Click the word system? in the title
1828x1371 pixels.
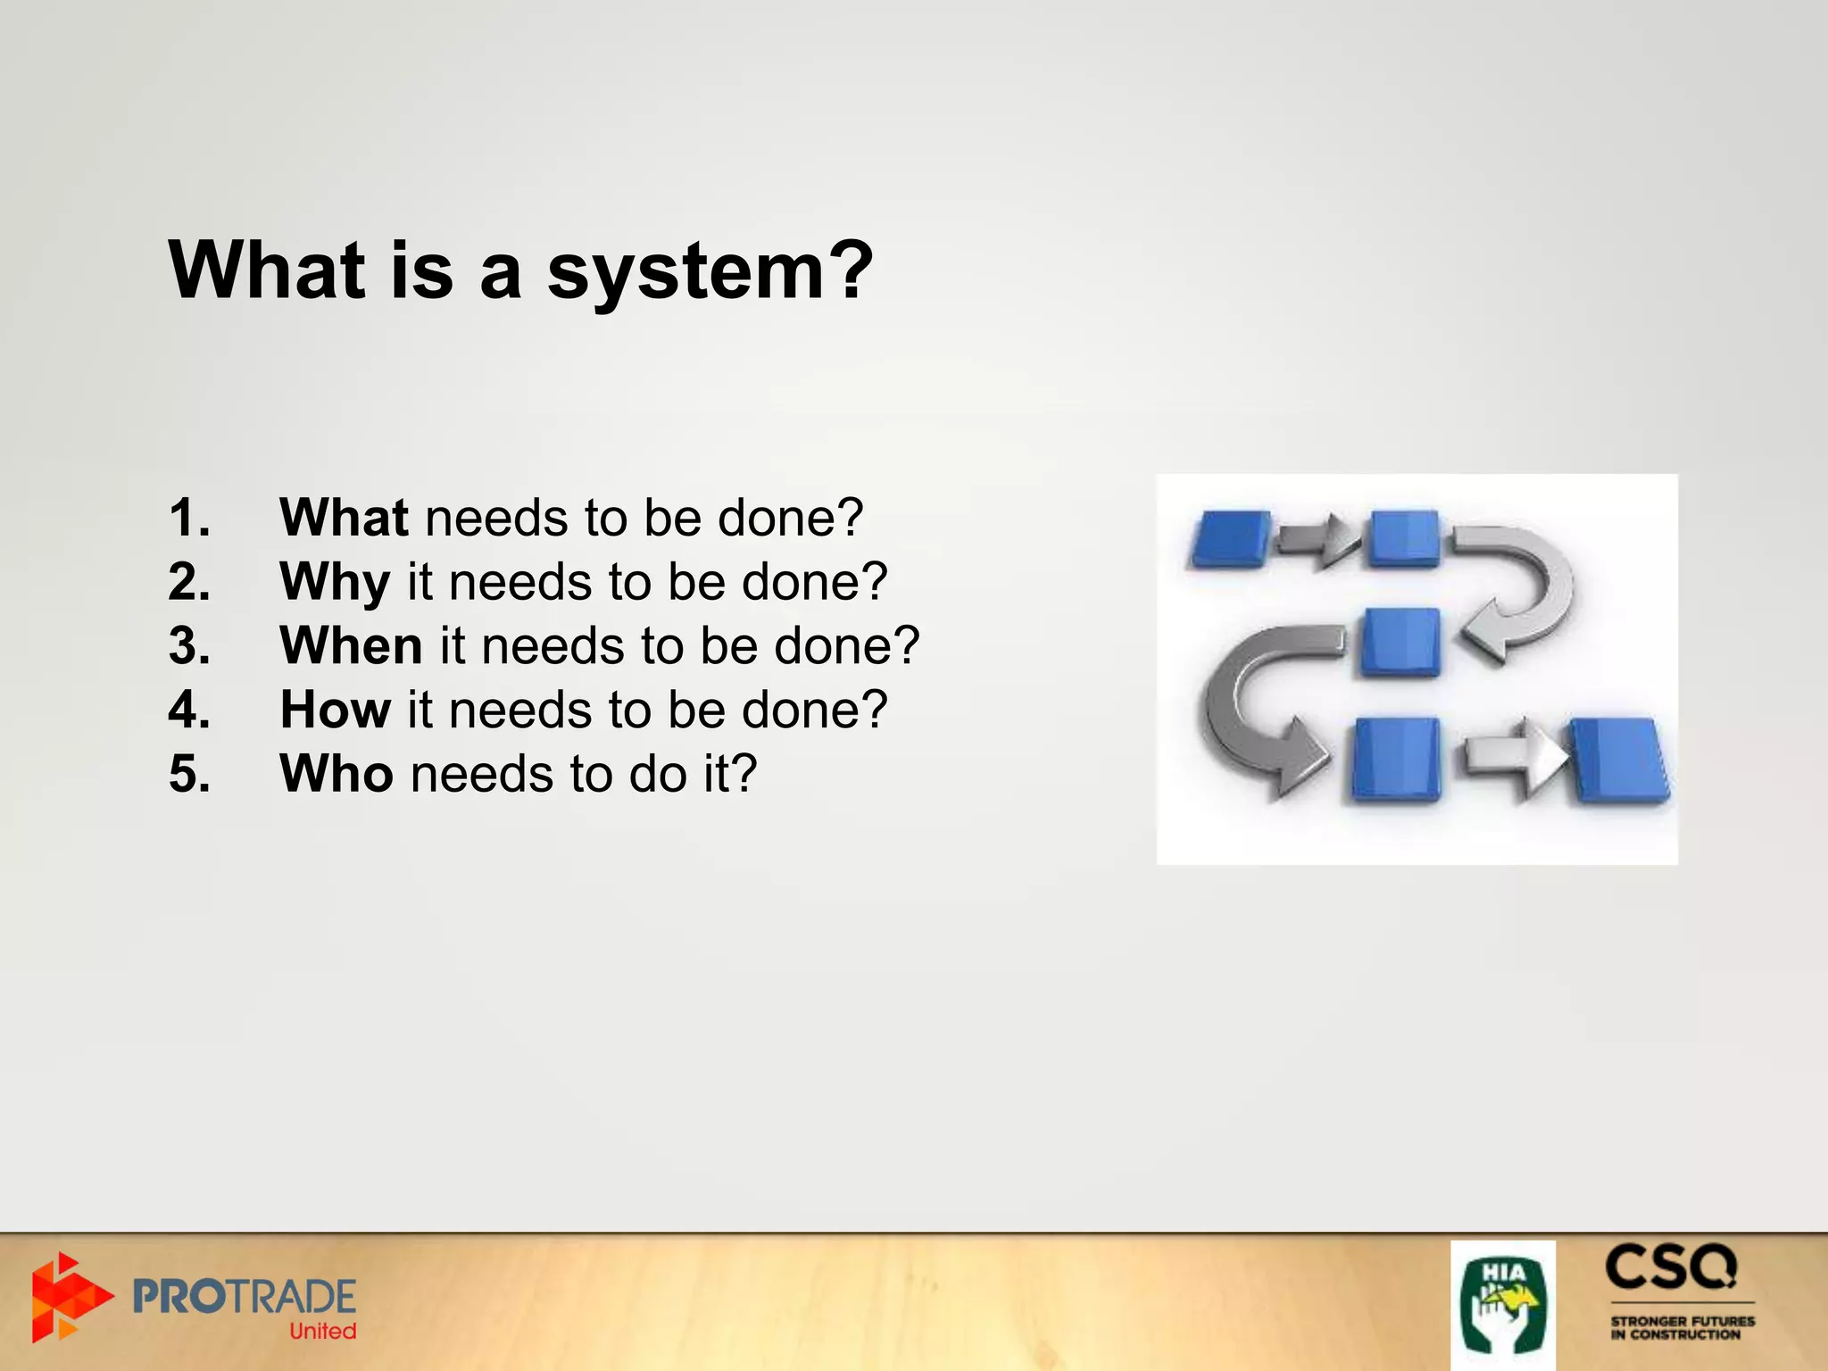(x=710, y=272)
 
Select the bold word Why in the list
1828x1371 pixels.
(x=335, y=582)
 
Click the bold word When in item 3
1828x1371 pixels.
(x=351, y=645)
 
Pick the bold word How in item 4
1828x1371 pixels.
(x=336, y=710)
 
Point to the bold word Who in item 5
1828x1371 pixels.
(x=337, y=773)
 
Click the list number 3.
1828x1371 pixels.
(x=189, y=645)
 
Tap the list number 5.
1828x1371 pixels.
(x=189, y=773)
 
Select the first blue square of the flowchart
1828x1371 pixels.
(x=1230, y=539)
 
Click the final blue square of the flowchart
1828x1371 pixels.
(x=1620, y=760)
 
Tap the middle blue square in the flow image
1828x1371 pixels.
(x=1400, y=642)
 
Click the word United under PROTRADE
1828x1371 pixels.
(x=322, y=1331)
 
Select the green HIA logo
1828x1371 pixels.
(x=1502, y=1304)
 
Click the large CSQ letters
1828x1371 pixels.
(x=1671, y=1268)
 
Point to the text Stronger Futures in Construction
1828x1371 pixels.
(x=1682, y=1327)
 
